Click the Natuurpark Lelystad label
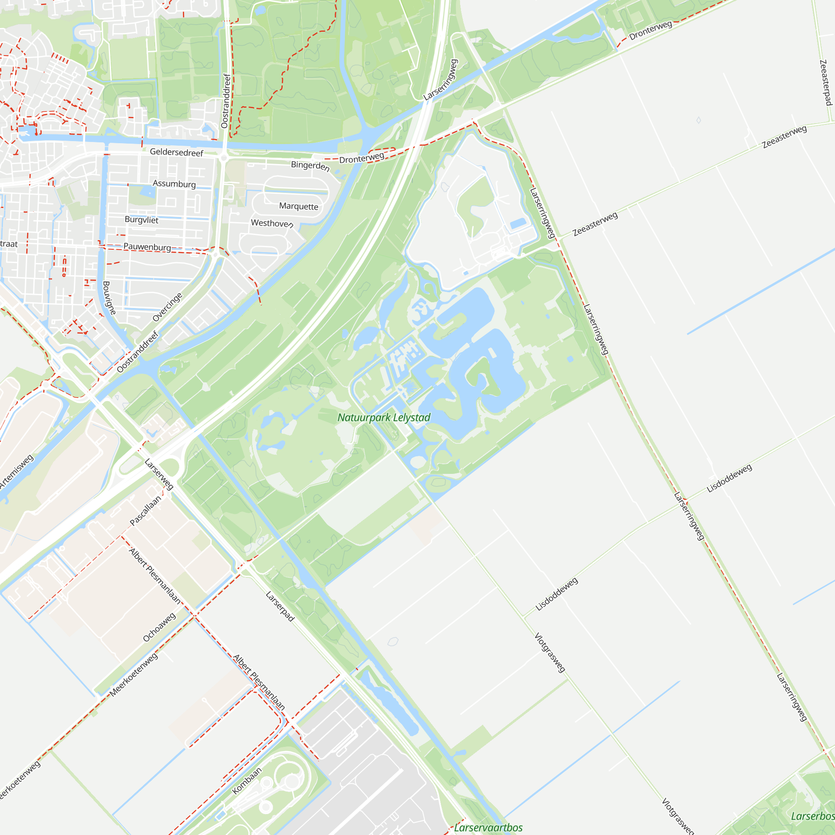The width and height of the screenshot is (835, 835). [384, 417]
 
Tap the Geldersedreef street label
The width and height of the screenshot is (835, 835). [176, 152]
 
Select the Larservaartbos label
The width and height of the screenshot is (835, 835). [488, 827]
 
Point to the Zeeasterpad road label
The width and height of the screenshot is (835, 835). [826, 83]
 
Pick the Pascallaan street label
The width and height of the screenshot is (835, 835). [145, 511]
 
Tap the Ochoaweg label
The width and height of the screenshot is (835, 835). [159, 627]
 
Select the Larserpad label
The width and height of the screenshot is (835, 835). [280, 606]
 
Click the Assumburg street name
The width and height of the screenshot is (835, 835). [174, 184]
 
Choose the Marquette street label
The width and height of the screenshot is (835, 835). [299, 206]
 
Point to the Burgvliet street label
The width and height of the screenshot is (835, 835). [142, 220]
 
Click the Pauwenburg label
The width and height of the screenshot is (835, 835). [147, 247]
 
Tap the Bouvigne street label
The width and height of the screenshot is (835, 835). [109, 298]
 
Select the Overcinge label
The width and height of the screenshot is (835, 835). [168, 307]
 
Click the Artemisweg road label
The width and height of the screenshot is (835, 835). [16, 471]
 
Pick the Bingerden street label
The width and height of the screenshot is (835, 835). [310, 165]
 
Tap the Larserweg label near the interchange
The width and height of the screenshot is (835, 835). [159, 474]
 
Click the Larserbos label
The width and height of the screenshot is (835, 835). [812, 816]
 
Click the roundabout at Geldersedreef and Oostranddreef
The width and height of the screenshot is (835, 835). [223, 158]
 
